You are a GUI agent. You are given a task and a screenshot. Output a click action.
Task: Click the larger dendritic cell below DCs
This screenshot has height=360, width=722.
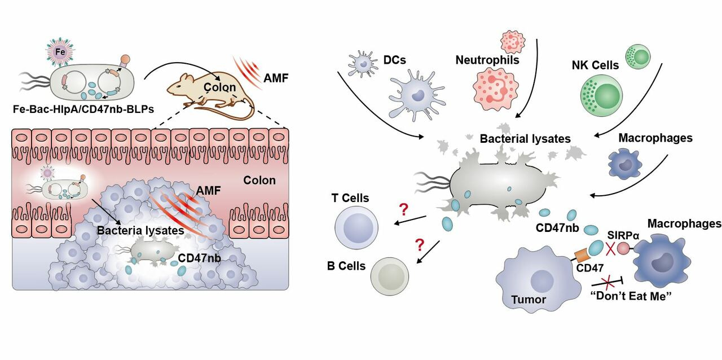[x=415, y=93]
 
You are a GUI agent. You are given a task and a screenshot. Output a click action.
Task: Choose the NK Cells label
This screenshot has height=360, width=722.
[x=595, y=65]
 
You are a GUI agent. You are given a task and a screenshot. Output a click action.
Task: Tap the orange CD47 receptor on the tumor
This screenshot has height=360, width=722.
[x=582, y=255]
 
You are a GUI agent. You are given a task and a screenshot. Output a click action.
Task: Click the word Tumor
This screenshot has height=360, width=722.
[x=529, y=299]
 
